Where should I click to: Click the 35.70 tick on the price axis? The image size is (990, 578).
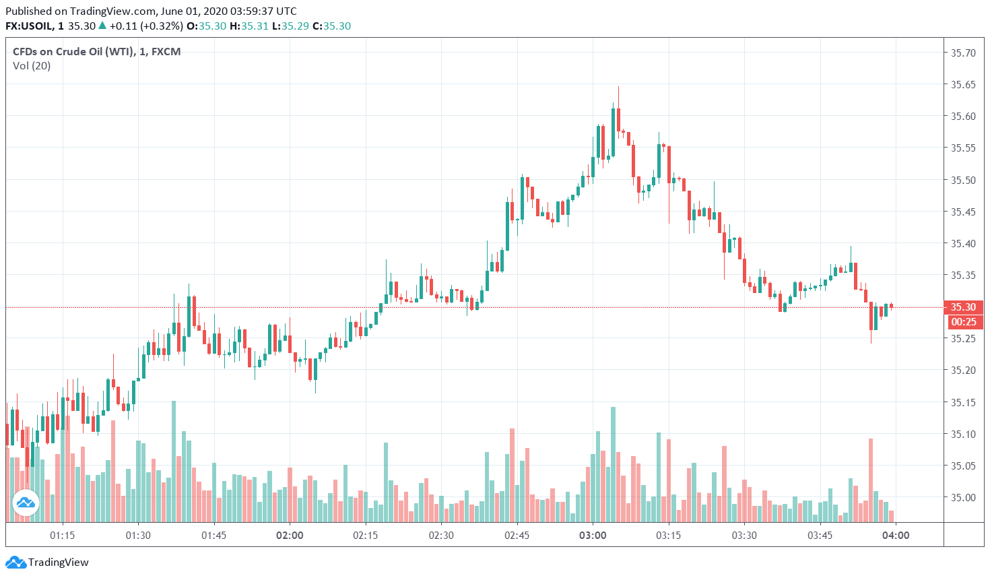(962, 53)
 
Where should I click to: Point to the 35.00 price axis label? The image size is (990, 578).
(962, 498)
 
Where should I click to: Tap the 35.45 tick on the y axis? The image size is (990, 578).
(962, 212)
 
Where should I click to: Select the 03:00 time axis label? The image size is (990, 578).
(593, 536)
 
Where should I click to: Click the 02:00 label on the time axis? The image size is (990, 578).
(290, 536)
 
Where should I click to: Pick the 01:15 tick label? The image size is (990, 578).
(62, 536)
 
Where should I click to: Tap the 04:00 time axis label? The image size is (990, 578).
(896, 536)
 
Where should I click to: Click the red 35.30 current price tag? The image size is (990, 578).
(963, 307)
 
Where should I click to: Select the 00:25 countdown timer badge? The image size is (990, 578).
(963, 322)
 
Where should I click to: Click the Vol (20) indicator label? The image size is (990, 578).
(32, 66)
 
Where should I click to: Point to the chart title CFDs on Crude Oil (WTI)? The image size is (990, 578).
(73, 52)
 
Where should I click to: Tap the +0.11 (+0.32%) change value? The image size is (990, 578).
(146, 26)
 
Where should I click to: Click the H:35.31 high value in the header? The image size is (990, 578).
(249, 26)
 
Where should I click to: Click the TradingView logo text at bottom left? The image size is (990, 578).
(58, 563)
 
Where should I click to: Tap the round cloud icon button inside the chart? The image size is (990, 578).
(26, 503)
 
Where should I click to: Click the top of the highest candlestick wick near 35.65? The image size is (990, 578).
(618, 88)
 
